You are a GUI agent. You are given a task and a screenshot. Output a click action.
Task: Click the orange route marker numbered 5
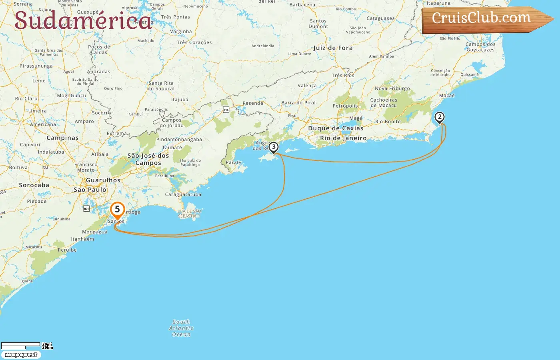[117, 210]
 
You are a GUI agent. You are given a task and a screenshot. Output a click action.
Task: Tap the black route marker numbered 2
[440, 117]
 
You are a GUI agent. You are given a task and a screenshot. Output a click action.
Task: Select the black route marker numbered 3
[274, 147]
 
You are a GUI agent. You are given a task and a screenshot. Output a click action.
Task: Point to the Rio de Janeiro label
[343, 138]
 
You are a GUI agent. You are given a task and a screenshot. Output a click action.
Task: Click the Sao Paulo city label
[90, 190]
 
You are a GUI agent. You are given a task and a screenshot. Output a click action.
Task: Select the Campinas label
[62, 138]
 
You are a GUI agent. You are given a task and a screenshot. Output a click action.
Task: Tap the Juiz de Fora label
[333, 48]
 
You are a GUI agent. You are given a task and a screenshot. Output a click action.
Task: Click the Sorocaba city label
[34, 185]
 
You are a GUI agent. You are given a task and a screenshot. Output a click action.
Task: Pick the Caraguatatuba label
[183, 194]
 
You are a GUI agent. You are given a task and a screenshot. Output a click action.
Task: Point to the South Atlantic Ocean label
[181, 328]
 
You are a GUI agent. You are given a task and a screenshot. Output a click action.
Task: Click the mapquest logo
[21, 355]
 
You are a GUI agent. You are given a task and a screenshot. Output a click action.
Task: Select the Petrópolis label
[345, 106]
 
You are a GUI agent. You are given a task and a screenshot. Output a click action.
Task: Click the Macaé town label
[447, 96]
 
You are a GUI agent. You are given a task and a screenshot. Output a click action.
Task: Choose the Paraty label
[234, 162]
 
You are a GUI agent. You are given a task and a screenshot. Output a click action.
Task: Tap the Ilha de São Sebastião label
[189, 214]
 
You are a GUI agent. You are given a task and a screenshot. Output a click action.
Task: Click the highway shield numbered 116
[226, 110]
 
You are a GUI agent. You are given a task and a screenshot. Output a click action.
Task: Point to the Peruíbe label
[67, 250]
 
